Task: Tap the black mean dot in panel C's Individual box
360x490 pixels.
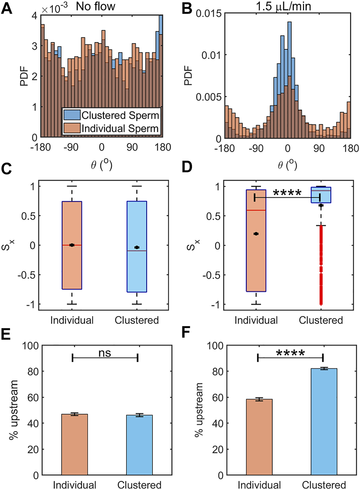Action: point(72,245)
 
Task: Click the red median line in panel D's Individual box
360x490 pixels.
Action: point(256,210)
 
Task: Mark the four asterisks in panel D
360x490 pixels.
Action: point(287,193)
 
